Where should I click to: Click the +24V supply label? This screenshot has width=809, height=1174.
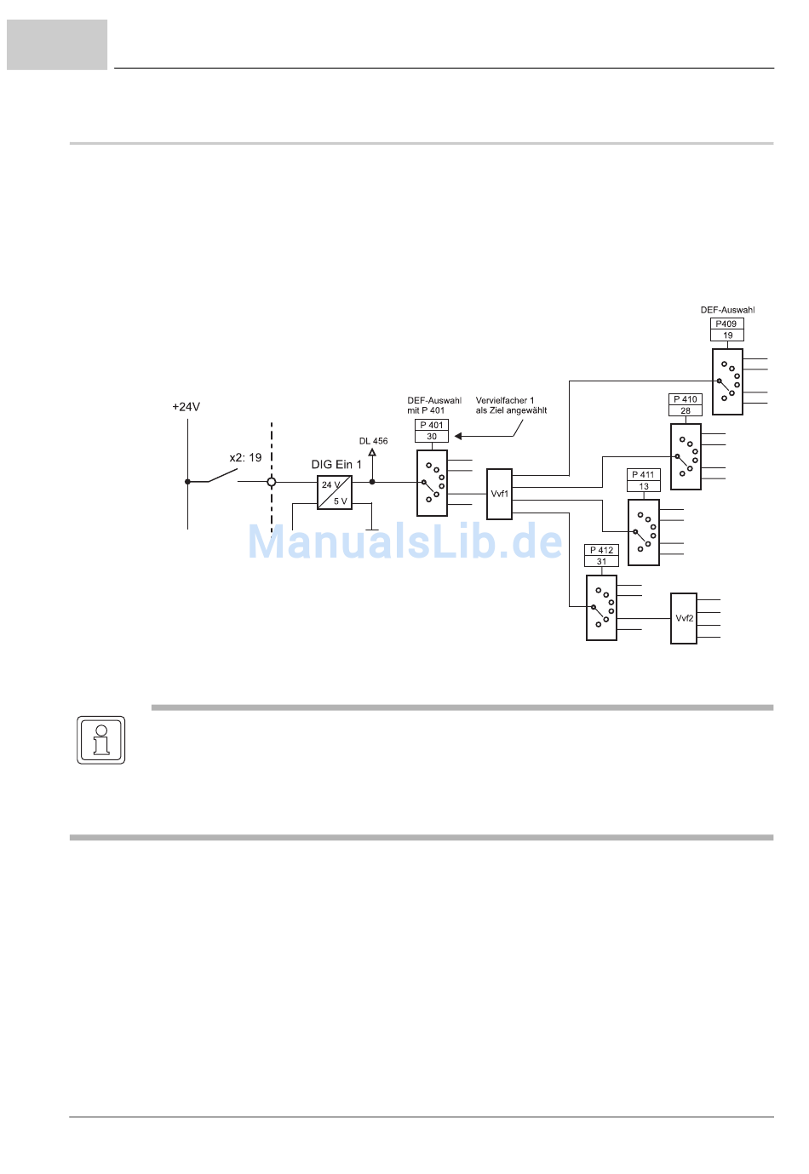coord(186,407)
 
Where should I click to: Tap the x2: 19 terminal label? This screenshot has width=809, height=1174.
coord(245,457)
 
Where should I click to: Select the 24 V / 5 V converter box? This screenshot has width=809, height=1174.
coord(335,493)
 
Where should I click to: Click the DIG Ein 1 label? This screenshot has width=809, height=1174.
coord(336,465)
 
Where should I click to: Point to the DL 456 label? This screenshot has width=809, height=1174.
coord(373,441)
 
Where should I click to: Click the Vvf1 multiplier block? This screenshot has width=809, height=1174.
coord(499,494)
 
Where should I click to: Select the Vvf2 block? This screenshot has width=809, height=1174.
coord(684,618)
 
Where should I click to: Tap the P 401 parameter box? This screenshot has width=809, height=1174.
coord(432,425)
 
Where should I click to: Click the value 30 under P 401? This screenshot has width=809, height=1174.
coord(432,437)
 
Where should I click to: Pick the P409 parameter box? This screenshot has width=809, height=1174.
coord(726,324)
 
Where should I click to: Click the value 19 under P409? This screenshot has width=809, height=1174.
coord(727,335)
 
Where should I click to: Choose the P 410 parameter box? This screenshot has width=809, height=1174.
coord(686,399)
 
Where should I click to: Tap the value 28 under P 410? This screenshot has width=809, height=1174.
coord(686,411)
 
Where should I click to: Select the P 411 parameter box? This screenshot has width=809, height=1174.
coord(644,475)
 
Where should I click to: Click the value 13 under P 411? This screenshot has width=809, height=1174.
coord(644,487)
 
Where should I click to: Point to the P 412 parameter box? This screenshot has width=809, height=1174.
coord(602,550)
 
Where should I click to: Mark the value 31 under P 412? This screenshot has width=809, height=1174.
coord(602,562)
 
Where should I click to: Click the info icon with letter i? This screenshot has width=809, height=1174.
coord(101,740)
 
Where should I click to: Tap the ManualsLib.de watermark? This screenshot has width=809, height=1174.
coord(404,542)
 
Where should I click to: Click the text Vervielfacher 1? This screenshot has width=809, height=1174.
coord(505,400)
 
